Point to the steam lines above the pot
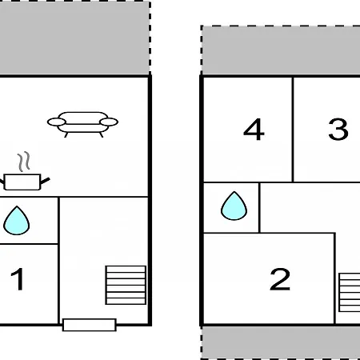pyautogui.click(x=24, y=162)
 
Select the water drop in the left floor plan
pyautogui.click(x=17, y=221)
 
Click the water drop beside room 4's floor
pyautogui.click(x=234, y=206)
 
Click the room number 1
pyautogui.click(x=18, y=279)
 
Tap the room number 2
pyautogui.click(x=280, y=279)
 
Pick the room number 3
pyautogui.click(x=338, y=130)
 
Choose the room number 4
pyautogui.click(x=254, y=130)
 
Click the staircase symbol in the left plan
pyautogui.click(x=126, y=285)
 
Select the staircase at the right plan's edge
pyautogui.click(x=350, y=292)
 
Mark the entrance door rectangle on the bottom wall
pyautogui.click(x=90, y=325)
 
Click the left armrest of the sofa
pyautogui.click(x=57, y=122)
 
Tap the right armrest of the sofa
pyautogui.click(x=109, y=122)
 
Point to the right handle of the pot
pyautogui.click(x=45, y=181)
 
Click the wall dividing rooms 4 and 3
pyautogui.click(x=293, y=130)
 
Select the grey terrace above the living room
pyautogui.click(x=74, y=38)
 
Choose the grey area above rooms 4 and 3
pyautogui.click(x=281, y=50)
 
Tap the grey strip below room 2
pyautogui.click(x=281, y=343)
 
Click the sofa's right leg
pyautogui.click(x=102, y=134)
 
